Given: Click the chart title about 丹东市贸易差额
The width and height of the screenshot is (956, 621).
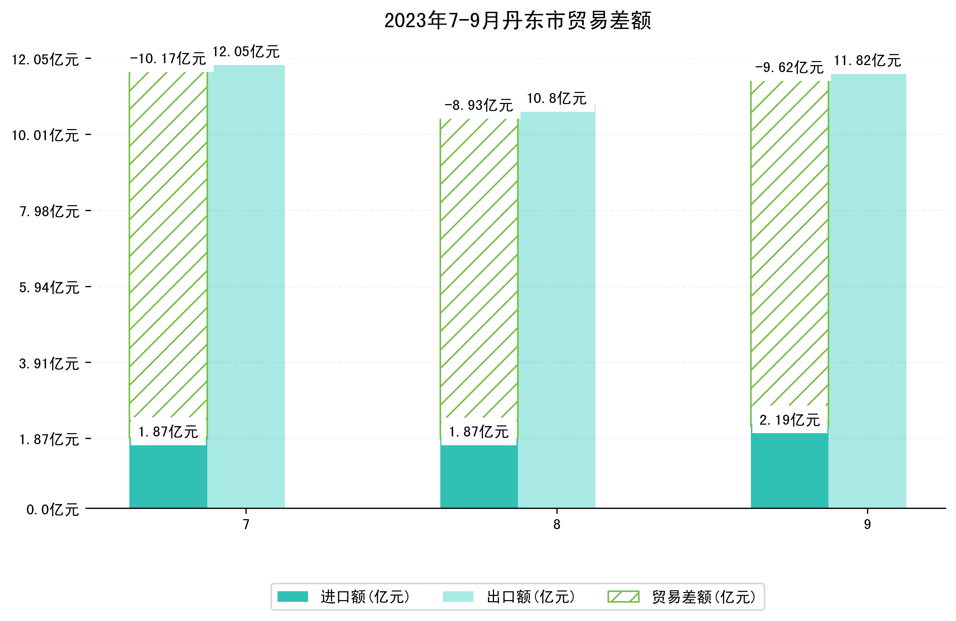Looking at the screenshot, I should point(518,21).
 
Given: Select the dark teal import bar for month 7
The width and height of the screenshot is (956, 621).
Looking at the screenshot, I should point(168,476).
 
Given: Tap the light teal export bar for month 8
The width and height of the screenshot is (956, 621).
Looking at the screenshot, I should point(556,310).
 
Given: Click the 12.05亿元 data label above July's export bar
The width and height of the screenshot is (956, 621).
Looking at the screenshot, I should point(246,52).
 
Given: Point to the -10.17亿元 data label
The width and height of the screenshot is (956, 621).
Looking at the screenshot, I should point(168,59).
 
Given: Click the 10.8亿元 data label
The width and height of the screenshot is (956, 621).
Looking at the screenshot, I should point(556,99).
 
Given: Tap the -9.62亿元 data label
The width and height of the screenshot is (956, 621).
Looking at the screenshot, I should point(789,68).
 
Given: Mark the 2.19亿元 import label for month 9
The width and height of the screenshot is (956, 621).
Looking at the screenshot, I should point(789,420).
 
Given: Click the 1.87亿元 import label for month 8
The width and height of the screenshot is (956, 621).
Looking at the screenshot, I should point(479,432).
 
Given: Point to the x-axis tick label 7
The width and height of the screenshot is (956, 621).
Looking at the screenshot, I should point(246,525).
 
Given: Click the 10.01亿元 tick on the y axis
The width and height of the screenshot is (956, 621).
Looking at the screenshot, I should point(45,135).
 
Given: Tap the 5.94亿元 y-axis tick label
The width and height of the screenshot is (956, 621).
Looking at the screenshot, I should point(49,288).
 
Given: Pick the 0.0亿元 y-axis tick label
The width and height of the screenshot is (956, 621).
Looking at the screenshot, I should point(53,510).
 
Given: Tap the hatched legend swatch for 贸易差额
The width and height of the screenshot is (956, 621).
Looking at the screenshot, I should point(623,597).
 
